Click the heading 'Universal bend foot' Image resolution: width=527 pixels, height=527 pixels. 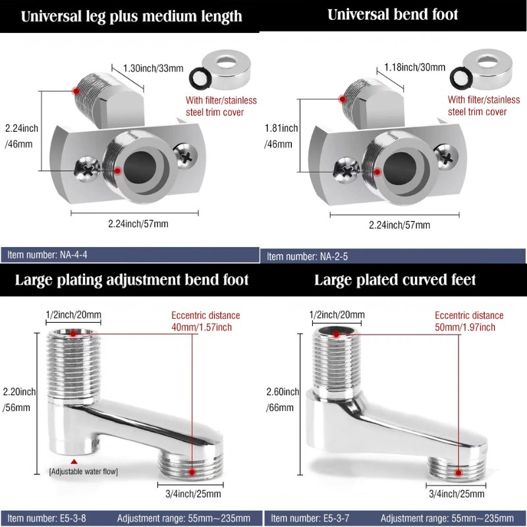click(393, 14)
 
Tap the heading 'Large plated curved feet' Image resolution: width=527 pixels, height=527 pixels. click(395, 280)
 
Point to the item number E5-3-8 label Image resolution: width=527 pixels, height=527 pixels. click(45, 518)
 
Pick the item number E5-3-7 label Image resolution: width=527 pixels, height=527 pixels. click(308, 518)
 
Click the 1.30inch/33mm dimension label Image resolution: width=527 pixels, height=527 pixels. click(153, 67)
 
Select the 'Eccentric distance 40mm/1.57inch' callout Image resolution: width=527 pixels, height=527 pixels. click(206, 321)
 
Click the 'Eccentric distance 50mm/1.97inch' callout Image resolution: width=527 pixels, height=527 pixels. click(469, 321)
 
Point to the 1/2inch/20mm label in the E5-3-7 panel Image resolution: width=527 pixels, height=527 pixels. click(337, 316)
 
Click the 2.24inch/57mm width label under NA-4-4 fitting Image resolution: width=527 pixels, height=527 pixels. click(138, 224)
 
